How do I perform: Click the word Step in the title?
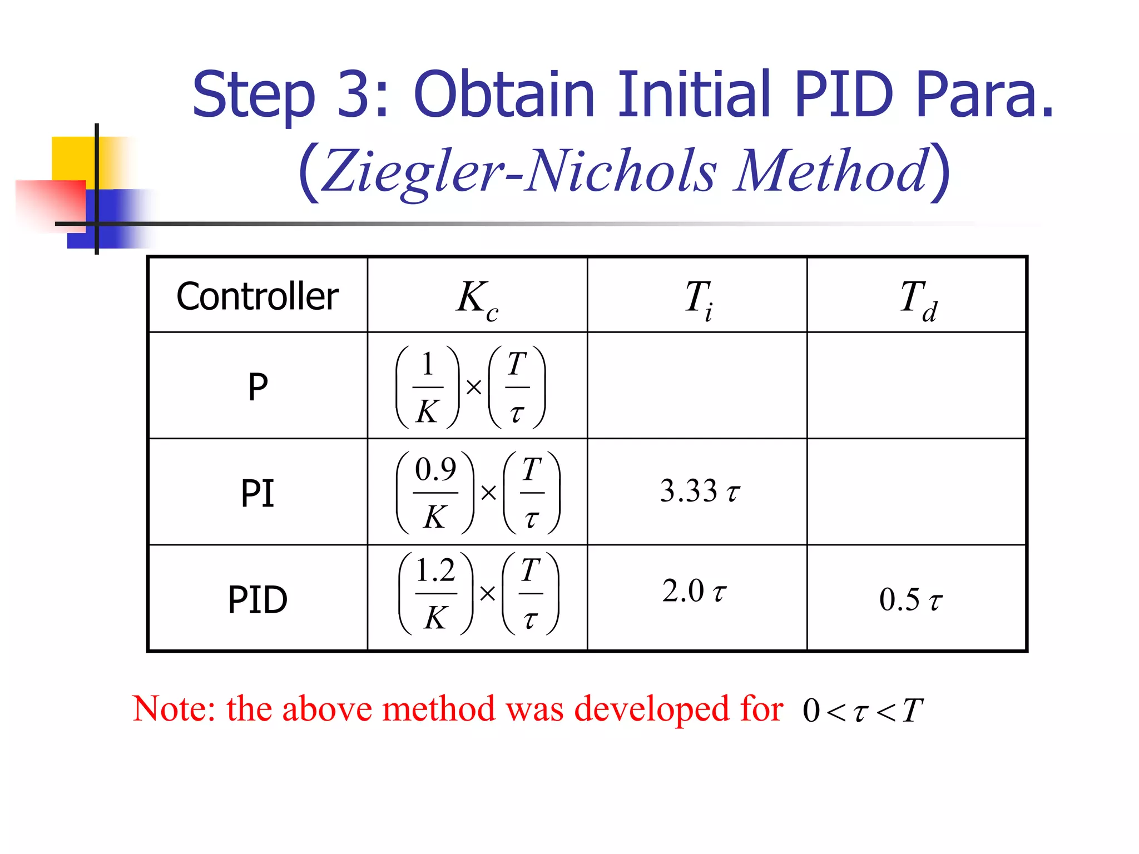point(254,96)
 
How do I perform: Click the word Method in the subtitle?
point(831,171)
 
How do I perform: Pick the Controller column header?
point(257,296)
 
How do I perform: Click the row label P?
point(257,386)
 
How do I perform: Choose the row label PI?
point(257,493)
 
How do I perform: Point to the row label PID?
point(257,599)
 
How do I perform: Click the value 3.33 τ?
point(700,491)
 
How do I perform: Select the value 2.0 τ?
point(694,591)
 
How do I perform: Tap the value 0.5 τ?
point(910,600)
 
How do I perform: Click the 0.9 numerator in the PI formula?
point(435,470)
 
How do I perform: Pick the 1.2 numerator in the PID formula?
point(435,571)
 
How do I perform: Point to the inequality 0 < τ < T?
point(862,711)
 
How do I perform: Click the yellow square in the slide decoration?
point(72,158)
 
